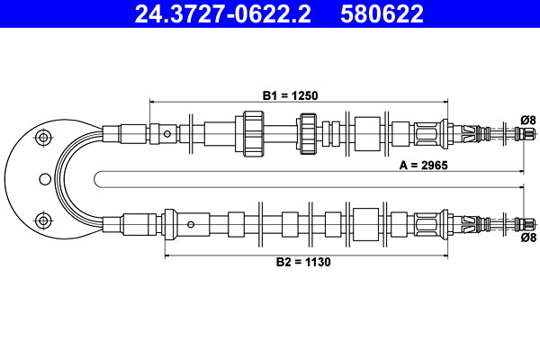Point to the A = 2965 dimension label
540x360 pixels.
pyautogui.click(x=423, y=166)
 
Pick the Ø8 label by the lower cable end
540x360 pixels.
pyautogui.click(x=528, y=238)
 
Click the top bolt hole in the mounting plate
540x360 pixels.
pyautogui.click(x=40, y=138)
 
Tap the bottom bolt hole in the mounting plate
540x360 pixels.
pyautogui.click(x=40, y=220)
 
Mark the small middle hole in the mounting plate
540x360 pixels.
pyautogui.click(x=42, y=178)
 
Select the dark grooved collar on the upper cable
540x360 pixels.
pyautogui.click(x=309, y=133)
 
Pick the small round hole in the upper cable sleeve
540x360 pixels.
pyautogui.click(x=168, y=134)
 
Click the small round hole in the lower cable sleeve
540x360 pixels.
pyautogui.click(x=190, y=222)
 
